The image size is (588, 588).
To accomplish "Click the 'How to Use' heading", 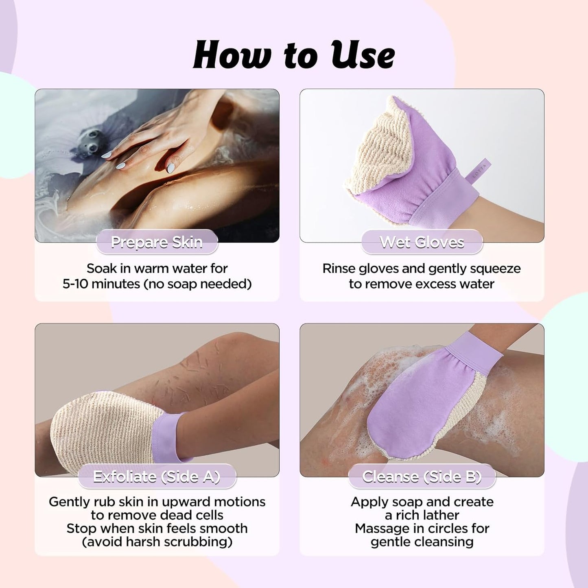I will pos(294,55).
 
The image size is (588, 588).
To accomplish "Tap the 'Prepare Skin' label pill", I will pos(157,242).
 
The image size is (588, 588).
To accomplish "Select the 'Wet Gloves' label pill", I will pos(422,242).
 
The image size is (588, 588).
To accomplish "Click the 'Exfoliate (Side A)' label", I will pos(157,476).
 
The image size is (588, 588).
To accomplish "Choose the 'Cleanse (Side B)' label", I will pos(422,476).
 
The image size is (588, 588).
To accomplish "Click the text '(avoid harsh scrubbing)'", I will pos(157,542).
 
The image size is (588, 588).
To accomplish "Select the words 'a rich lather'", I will pos(422,515).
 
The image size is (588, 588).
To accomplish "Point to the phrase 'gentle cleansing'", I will pos(422,542).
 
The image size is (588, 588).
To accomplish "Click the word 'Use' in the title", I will pos(362,55).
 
